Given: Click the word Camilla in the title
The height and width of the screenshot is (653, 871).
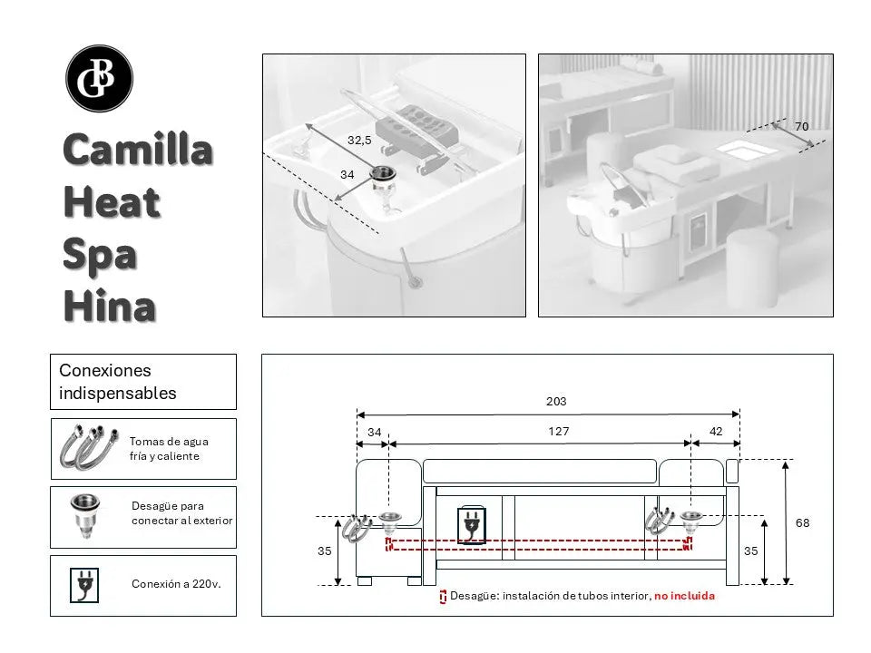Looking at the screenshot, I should (x=138, y=150).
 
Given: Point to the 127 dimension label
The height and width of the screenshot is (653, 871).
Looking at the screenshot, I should (x=559, y=432).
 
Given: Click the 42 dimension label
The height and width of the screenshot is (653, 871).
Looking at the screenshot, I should (x=716, y=432).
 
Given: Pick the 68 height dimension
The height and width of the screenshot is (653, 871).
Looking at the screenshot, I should (x=802, y=522).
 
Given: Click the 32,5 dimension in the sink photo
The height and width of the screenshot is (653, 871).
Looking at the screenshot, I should (x=359, y=140).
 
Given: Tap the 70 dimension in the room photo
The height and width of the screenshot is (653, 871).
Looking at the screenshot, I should (x=801, y=127).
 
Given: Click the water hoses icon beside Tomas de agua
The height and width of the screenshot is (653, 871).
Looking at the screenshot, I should (x=84, y=448).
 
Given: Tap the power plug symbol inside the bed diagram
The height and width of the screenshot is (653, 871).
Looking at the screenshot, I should (x=471, y=525).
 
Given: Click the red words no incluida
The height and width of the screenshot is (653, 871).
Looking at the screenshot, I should (x=684, y=596).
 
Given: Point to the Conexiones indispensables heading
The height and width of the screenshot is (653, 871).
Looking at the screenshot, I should (x=118, y=382).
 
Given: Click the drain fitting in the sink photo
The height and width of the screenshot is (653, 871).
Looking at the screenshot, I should (x=384, y=177).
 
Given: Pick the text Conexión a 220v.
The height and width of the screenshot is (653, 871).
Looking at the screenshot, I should (x=176, y=584).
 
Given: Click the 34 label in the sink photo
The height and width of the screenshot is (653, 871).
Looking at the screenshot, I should (x=347, y=173).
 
